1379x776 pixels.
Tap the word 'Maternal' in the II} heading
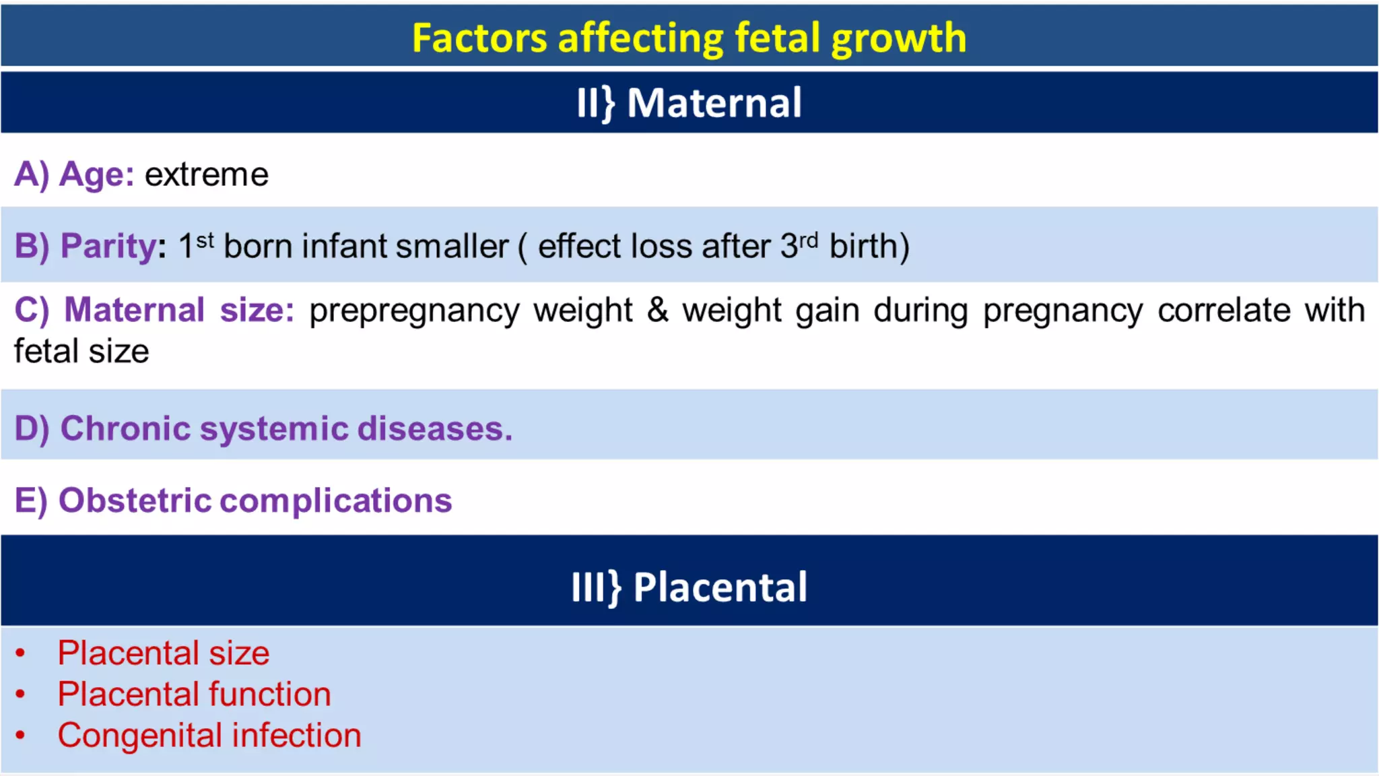click(714, 103)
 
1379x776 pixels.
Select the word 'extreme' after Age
click(207, 174)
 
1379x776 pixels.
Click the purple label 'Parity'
click(108, 246)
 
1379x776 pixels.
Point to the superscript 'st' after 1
click(205, 239)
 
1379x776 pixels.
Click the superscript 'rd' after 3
click(808, 239)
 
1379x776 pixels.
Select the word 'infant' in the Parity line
click(344, 246)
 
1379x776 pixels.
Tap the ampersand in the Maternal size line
click(657, 311)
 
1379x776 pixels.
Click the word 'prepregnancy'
click(414, 312)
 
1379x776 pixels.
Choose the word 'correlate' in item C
click(1223, 311)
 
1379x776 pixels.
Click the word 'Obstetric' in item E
click(135, 500)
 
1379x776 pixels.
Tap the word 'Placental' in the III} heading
click(720, 587)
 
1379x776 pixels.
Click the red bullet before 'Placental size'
click(20, 653)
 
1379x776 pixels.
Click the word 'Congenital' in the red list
click(139, 736)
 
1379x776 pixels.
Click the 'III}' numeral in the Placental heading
click(595, 587)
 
